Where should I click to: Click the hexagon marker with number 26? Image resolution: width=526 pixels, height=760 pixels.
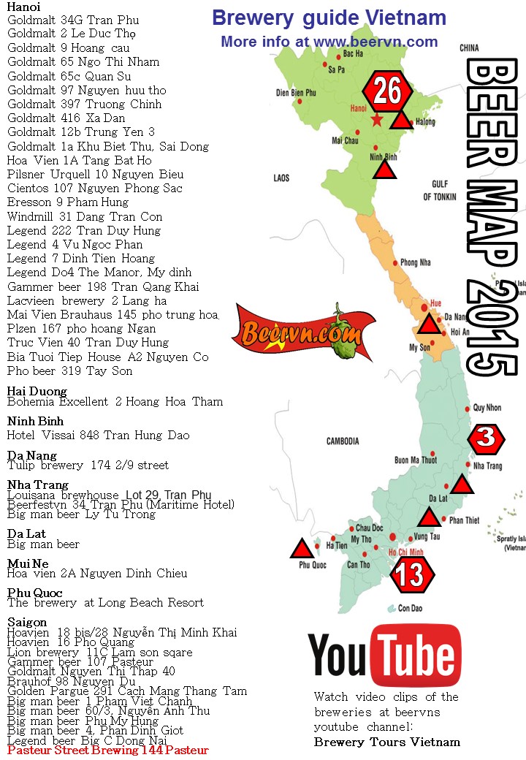coord(387,91)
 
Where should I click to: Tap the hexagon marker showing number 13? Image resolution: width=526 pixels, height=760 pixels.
coord(412,574)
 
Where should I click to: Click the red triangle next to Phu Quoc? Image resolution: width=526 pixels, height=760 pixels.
coord(301,550)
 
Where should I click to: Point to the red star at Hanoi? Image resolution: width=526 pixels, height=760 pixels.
coord(377,120)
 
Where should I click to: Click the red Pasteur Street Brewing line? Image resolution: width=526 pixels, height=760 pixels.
coord(108,750)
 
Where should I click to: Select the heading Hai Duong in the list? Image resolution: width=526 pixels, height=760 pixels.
coord(37,392)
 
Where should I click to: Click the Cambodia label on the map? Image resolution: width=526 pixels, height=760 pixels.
coord(342,441)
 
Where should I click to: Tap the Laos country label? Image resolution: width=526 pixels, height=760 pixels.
coord(281,178)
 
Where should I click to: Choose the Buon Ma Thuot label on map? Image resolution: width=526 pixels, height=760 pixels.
coord(415,460)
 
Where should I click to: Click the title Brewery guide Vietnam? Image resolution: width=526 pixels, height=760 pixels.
coord(329,18)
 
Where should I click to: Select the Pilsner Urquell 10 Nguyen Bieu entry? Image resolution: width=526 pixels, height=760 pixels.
coord(95,175)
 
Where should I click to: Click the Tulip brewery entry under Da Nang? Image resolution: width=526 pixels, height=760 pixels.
coord(88,465)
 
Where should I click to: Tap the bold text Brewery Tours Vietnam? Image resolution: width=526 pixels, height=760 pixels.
coord(387,742)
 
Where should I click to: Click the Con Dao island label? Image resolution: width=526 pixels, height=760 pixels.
coord(410,608)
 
